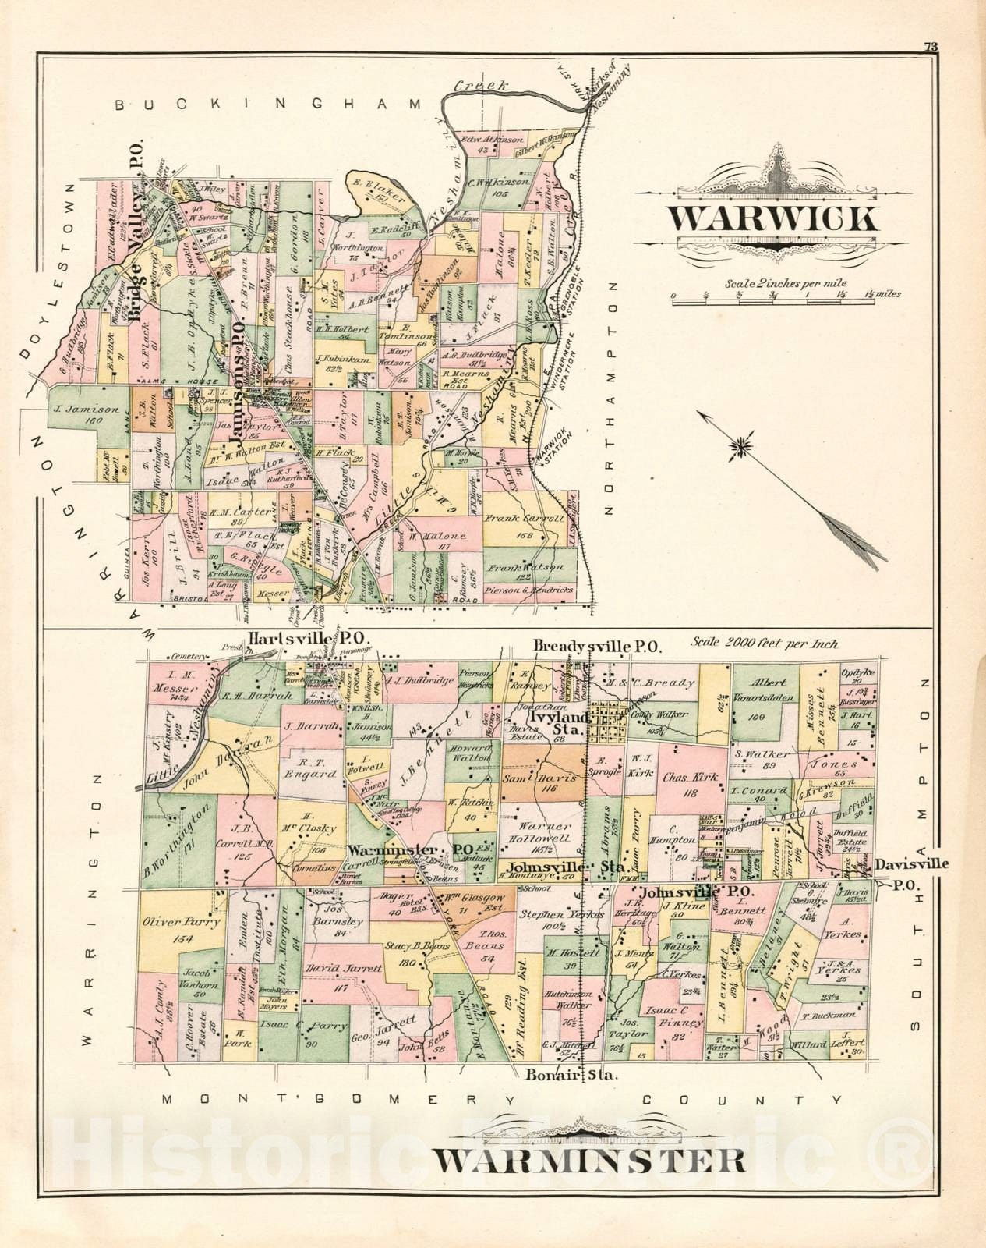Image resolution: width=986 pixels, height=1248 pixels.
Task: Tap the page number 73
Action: tap(930, 45)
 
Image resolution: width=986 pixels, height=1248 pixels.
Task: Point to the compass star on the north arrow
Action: tap(740, 446)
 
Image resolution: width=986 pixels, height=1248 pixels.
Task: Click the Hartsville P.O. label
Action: tap(309, 639)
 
